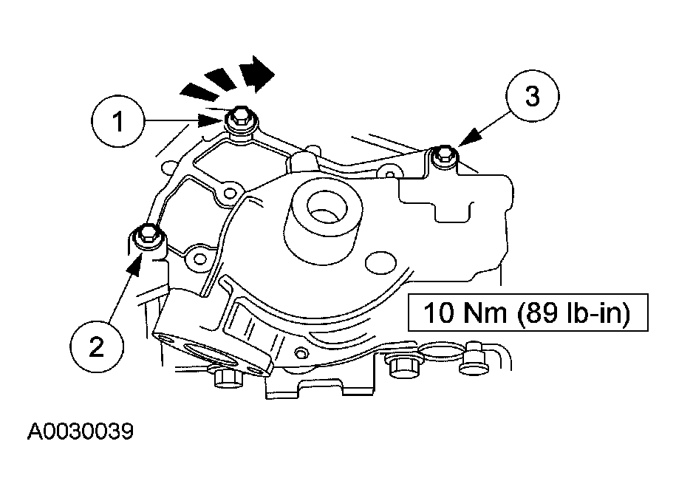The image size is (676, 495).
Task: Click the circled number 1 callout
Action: click(117, 122)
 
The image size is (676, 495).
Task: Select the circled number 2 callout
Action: click(97, 346)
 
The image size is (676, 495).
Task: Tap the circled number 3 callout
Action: click(533, 96)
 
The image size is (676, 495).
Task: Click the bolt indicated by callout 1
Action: click(239, 118)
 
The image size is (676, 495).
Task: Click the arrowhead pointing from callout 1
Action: click(211, 120)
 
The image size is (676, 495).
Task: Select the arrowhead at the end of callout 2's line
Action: click(136, 264)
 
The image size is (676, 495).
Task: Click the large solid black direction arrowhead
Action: click(258, 74)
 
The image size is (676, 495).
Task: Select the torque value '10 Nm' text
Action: click(465, 313)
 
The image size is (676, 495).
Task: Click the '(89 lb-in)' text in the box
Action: click(573, 313)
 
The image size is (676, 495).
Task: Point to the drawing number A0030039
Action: click(81, 431)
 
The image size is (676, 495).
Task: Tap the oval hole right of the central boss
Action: click(380, 262)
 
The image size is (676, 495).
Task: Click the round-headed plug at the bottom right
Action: click(473, 358)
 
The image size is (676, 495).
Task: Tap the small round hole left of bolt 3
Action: click(390, 174)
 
